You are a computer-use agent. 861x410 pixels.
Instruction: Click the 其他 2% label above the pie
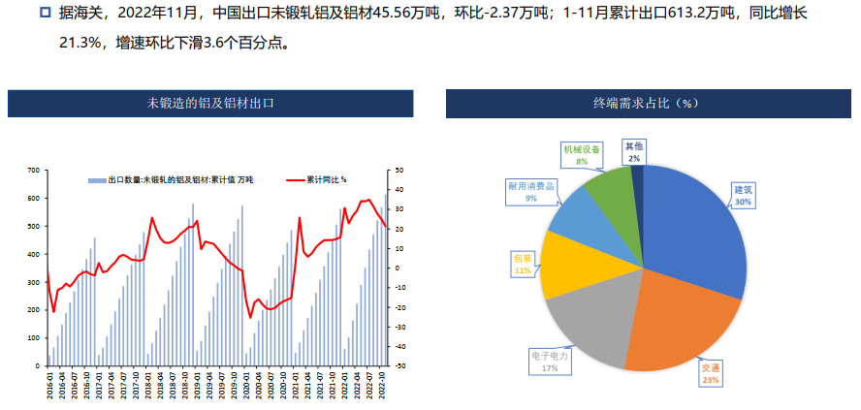pos(633,151)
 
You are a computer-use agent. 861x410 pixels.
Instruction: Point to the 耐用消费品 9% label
pos(530,190)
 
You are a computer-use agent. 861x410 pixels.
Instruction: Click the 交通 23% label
pos(712,374)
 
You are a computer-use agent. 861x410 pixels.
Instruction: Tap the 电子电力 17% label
pos(550,361)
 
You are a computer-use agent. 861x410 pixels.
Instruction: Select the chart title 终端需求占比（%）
pos(648,102)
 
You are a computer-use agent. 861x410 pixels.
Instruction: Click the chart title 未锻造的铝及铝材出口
pos(210,102)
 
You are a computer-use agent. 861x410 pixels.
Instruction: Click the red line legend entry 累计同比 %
pos(320,179)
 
